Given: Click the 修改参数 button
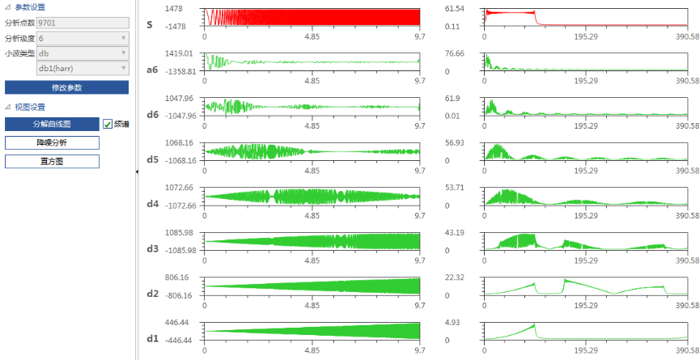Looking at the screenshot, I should coord(66,87).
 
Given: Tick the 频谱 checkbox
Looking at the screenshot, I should coord(108,124).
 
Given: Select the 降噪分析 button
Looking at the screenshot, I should coord(52,142).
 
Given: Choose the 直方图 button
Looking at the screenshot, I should coord(52,161).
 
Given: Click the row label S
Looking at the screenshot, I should coord(150,25).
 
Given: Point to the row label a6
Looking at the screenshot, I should coord(151,70).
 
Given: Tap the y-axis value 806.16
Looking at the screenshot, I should coord(180,277).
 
